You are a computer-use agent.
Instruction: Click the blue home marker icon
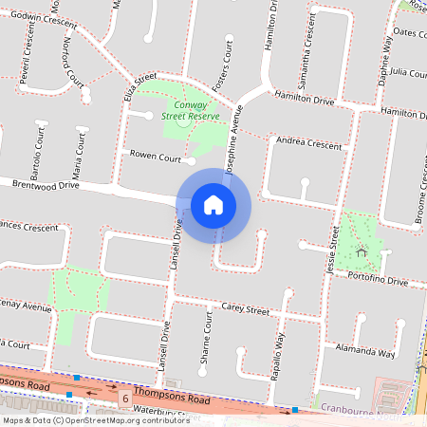click(x=213, y=204)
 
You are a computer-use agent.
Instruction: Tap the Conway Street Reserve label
click(x=190, y=110)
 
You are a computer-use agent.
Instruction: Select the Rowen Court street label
click(x=156, y=156)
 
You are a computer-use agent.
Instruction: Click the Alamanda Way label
click(x=364, y=351)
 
